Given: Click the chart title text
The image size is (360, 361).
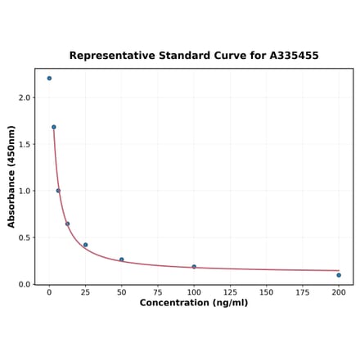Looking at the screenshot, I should coord(194,56).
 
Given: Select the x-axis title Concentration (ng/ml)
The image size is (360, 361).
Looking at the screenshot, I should coord(194,303).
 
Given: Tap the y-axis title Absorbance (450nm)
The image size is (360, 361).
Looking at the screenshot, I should coord(11,177).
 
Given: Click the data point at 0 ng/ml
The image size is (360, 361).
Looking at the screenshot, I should coord(49,79).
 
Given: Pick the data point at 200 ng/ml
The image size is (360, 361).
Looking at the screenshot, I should coord(339,275).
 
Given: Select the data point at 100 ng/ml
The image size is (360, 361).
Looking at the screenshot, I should coord(194,267).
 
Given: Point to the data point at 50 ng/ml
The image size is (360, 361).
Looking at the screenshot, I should coord(122,259).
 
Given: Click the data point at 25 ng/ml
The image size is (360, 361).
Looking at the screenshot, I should coord(85,245).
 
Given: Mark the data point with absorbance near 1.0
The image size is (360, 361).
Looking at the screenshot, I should coord(58,191).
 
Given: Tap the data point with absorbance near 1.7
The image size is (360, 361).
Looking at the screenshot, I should coord(54,127).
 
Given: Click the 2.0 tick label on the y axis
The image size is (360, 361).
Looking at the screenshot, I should coord(25,97).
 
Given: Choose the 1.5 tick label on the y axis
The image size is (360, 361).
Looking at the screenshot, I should coord(25,144).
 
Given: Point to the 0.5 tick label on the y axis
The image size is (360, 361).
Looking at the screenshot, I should coord(25,238).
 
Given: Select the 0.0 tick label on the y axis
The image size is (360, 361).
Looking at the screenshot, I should coord(25,285).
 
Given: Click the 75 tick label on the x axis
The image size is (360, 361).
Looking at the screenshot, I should coord(158,292).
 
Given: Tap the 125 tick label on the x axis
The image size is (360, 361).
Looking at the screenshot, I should coord(230,292).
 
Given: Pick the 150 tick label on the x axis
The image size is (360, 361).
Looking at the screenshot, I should coord(267,292).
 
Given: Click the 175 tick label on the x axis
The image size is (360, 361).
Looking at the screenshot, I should coord(303,292).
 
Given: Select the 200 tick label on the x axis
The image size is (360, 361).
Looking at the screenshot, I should coord(339,292).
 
